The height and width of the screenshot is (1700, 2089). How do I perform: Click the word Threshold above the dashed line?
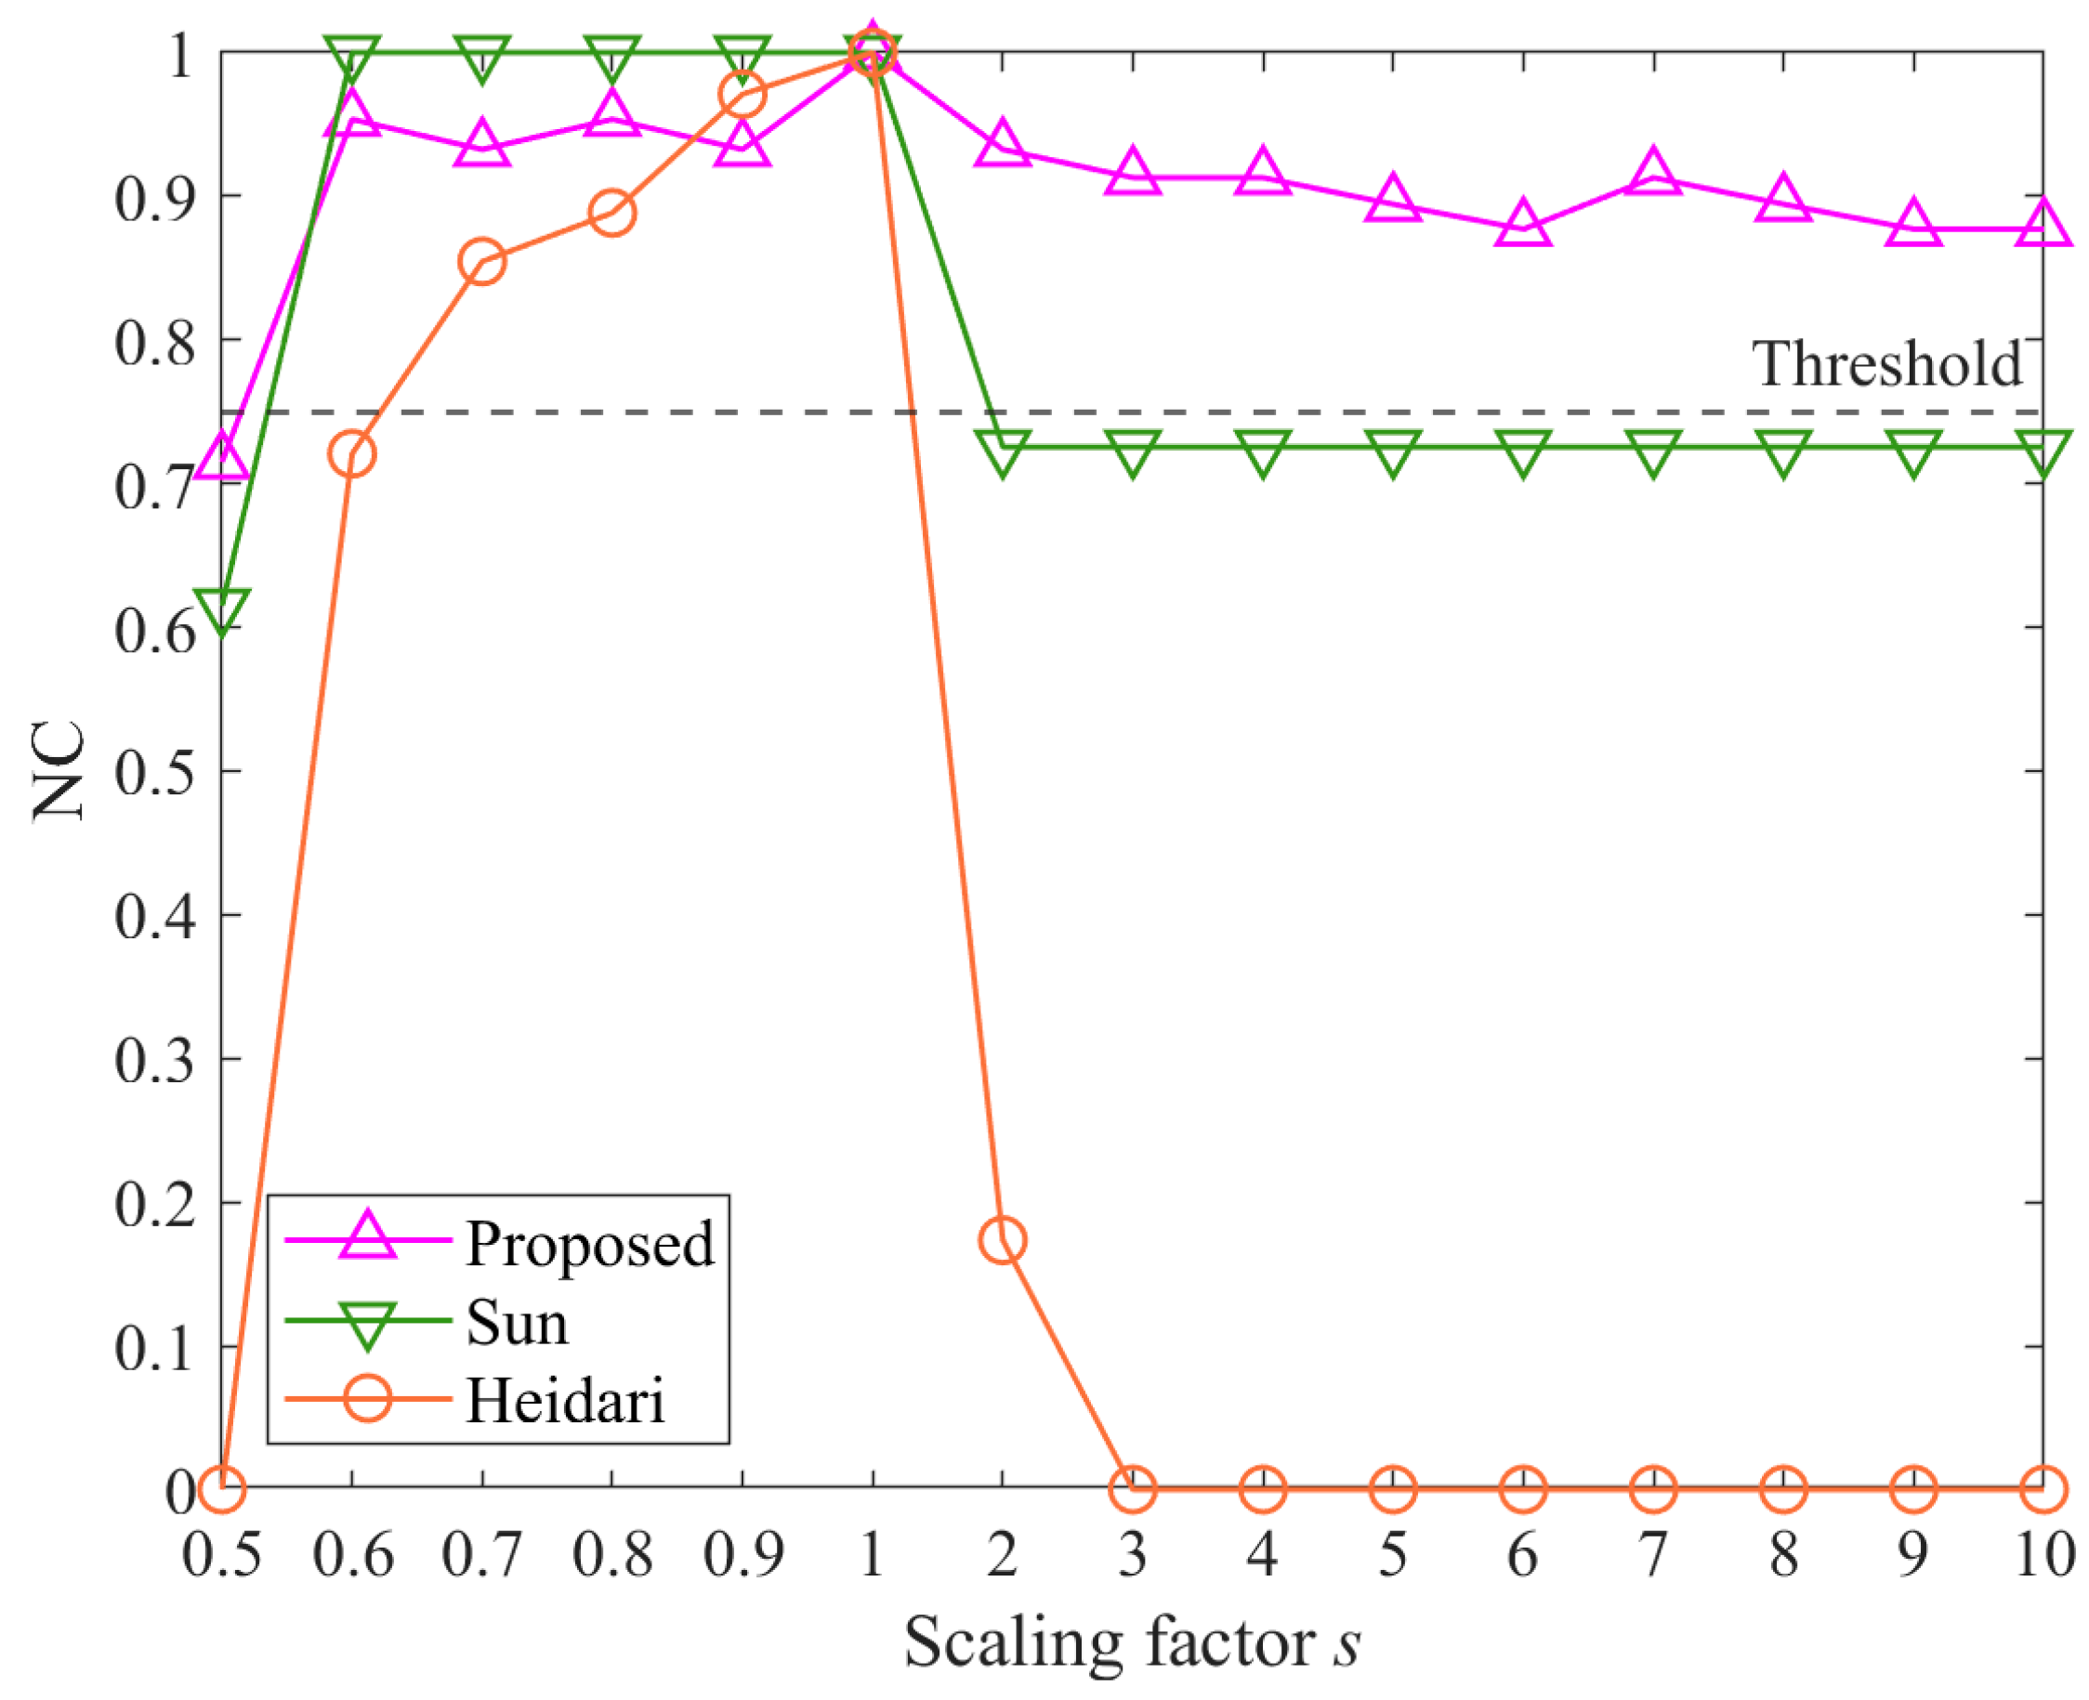(x=1885, y=364)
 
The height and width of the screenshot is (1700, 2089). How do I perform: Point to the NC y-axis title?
(x=59, y=772)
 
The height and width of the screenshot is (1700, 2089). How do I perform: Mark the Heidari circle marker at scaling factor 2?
(x=1002, y=1241)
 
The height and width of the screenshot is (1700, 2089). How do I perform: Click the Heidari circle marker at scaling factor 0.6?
(x=351, y=454)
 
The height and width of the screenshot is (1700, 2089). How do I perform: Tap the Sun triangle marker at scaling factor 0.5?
(x=222, y=609)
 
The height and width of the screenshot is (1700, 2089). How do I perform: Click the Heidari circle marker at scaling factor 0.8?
(x=612, y=213)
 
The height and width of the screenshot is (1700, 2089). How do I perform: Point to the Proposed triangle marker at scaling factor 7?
(x=1653, y=174)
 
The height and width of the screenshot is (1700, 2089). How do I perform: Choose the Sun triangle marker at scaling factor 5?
(x=1393, y=452)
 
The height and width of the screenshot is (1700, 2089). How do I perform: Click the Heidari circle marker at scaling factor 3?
(x=1132, y=1489)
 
